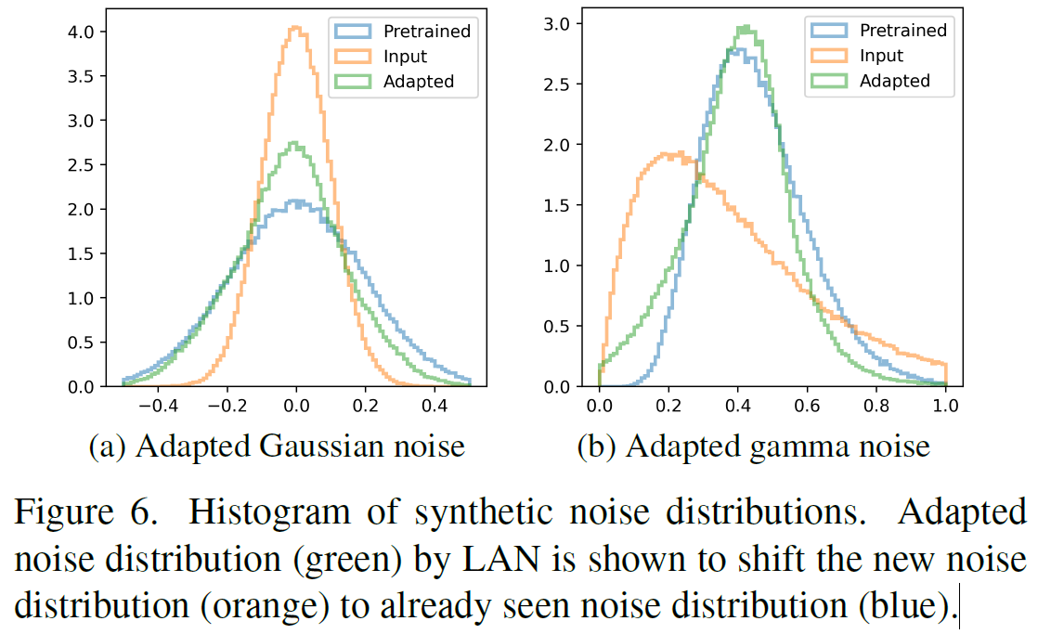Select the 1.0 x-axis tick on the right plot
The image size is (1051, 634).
(945, 406)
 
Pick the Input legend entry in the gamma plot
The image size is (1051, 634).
(881, 56)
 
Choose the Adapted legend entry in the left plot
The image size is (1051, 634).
(419, 81)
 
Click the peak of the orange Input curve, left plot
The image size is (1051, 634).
(295, 28)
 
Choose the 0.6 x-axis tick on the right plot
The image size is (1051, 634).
(807, 406)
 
